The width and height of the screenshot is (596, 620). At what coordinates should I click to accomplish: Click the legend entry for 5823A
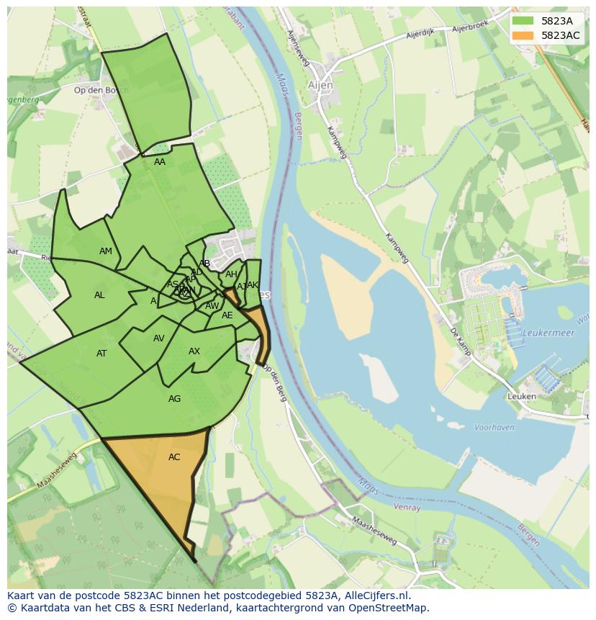click(x=556, y=21)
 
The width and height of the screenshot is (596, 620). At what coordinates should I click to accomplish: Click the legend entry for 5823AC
click(x=560, y=35)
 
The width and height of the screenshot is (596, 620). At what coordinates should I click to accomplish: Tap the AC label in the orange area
click(x=174, y=457)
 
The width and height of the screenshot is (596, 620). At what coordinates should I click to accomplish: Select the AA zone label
click(x=160, y=162)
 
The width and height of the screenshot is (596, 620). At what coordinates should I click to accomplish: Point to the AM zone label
click(x=106, y=251)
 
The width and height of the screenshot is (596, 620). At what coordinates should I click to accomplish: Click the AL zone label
click(x=99, y=295)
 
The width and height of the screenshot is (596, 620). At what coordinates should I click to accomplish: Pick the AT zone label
click(x=101, y=354)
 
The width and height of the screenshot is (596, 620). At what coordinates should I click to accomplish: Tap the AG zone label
click(x=174, y=399)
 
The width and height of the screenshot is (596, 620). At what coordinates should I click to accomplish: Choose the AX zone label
click(x=194, y=351)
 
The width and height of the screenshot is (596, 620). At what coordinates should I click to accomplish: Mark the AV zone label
click(x=158, y=338)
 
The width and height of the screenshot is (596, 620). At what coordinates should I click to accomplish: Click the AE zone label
click(x=227, y=315)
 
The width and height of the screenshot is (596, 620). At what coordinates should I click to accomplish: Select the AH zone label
click(x=231, y=274)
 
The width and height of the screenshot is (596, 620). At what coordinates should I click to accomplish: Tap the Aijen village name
click(x=321, y=85)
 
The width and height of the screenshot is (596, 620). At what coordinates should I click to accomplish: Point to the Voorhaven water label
click(x=495, y=427)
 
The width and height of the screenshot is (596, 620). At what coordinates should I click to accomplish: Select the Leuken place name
click(x=522, y=396)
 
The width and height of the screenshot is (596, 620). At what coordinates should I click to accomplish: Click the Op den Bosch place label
click(x=101, y=90)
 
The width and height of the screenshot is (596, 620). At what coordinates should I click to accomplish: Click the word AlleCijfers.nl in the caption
click(x=374, y=596)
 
